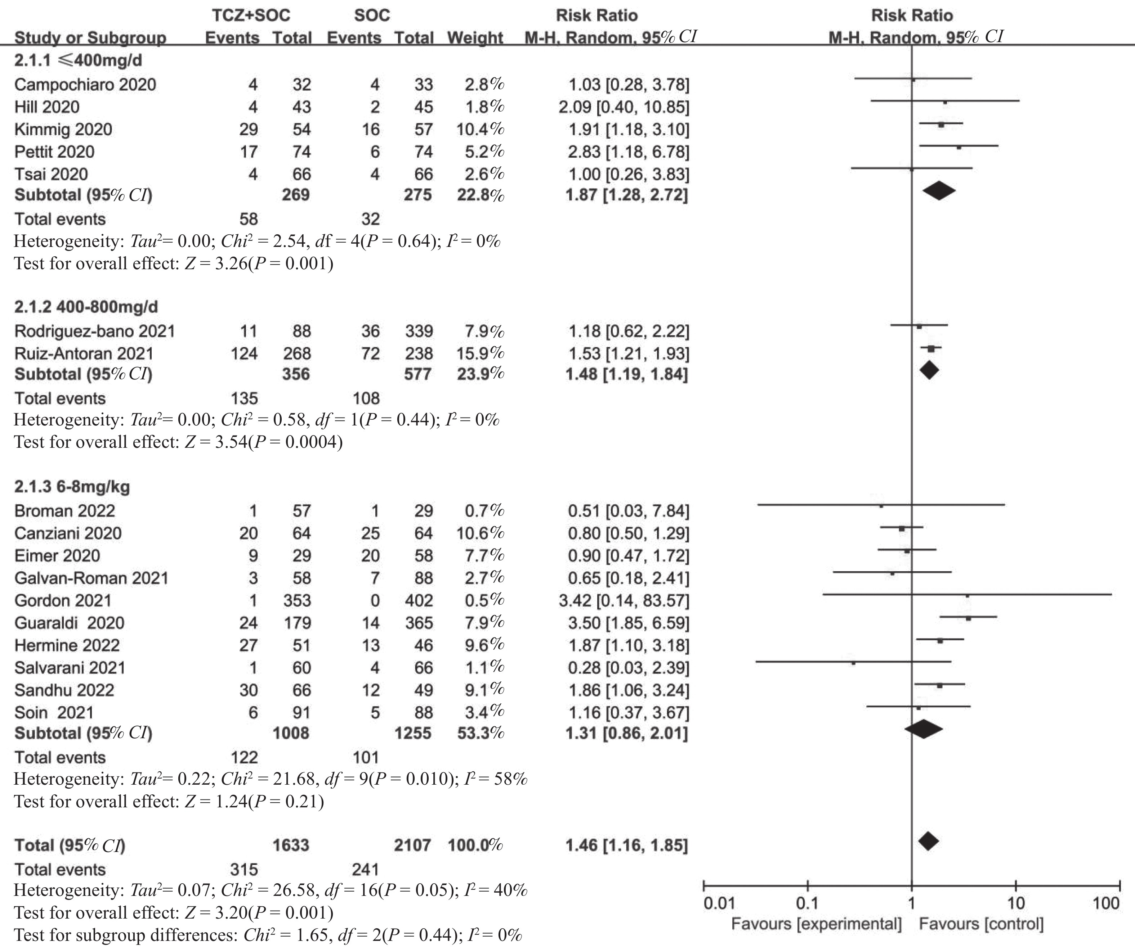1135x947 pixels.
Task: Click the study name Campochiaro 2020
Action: [x=85, y=85]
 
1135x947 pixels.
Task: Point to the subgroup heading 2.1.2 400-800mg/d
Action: [x=86, y=307]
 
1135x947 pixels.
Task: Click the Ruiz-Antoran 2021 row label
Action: [x=84, y=354]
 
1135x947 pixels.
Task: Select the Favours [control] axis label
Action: [x=981, y=924]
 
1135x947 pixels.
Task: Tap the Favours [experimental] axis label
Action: [x=816, y=924]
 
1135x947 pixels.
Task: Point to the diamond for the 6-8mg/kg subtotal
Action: [x=924, y=729]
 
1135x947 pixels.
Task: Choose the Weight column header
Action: [x=475, y=38]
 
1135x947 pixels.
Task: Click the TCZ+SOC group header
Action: [x=251, y=15]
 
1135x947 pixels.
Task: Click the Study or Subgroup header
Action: [x=90, y=38]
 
